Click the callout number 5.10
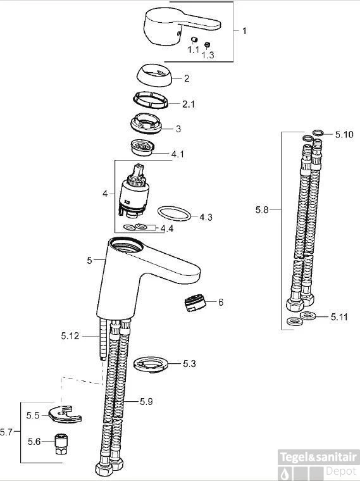344,134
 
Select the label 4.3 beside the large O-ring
206,217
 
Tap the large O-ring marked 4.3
174,213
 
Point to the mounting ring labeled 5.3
152,365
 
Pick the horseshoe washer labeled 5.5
65,414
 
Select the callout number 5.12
70,336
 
